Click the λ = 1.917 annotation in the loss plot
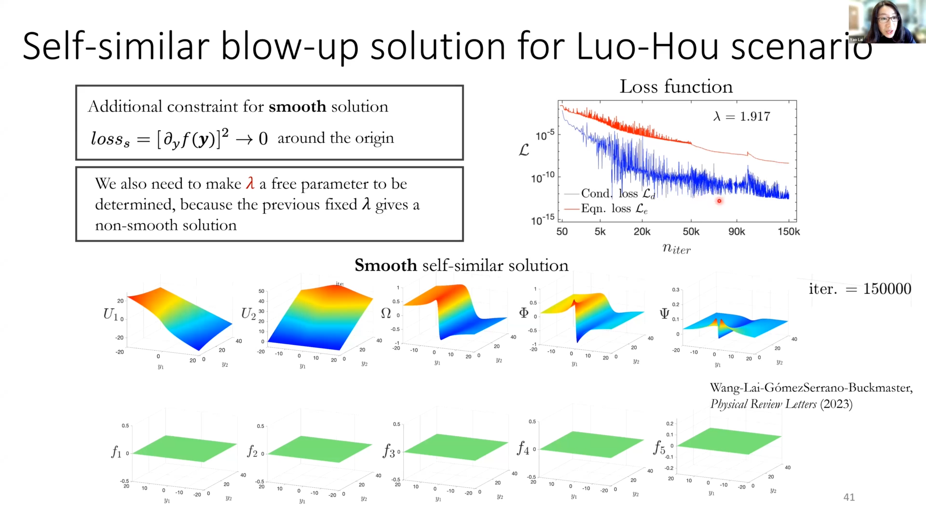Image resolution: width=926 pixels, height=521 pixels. coord(742,116)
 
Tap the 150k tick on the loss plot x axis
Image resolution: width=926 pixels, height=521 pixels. coord(789,232)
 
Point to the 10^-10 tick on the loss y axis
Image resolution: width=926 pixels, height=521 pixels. coord(543,178)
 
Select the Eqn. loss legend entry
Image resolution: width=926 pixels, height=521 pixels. coord(614,208)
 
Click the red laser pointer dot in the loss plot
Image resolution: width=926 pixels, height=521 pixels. coord(719,201)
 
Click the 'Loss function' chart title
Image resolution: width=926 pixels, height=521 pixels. coord(676,87)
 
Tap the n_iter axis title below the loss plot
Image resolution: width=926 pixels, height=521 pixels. coord(676,249)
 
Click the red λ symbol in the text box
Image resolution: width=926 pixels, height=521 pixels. coord(250,183)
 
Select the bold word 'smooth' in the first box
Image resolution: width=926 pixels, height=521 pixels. coord(297,107)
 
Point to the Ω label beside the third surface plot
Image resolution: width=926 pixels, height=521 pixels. coord(386,314)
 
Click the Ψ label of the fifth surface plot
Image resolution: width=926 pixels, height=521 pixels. coord(664,314)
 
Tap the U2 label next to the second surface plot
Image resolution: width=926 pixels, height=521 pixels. coord(248,314)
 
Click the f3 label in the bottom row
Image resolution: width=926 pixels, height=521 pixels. coord(389,451)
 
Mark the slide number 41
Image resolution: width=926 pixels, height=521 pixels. coord(849,497)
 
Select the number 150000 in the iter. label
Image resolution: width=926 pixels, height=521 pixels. coord(887,288)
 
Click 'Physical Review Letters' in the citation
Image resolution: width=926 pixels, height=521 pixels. coord(763,404)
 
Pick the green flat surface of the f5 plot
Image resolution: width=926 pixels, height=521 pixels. coord(728,440)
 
